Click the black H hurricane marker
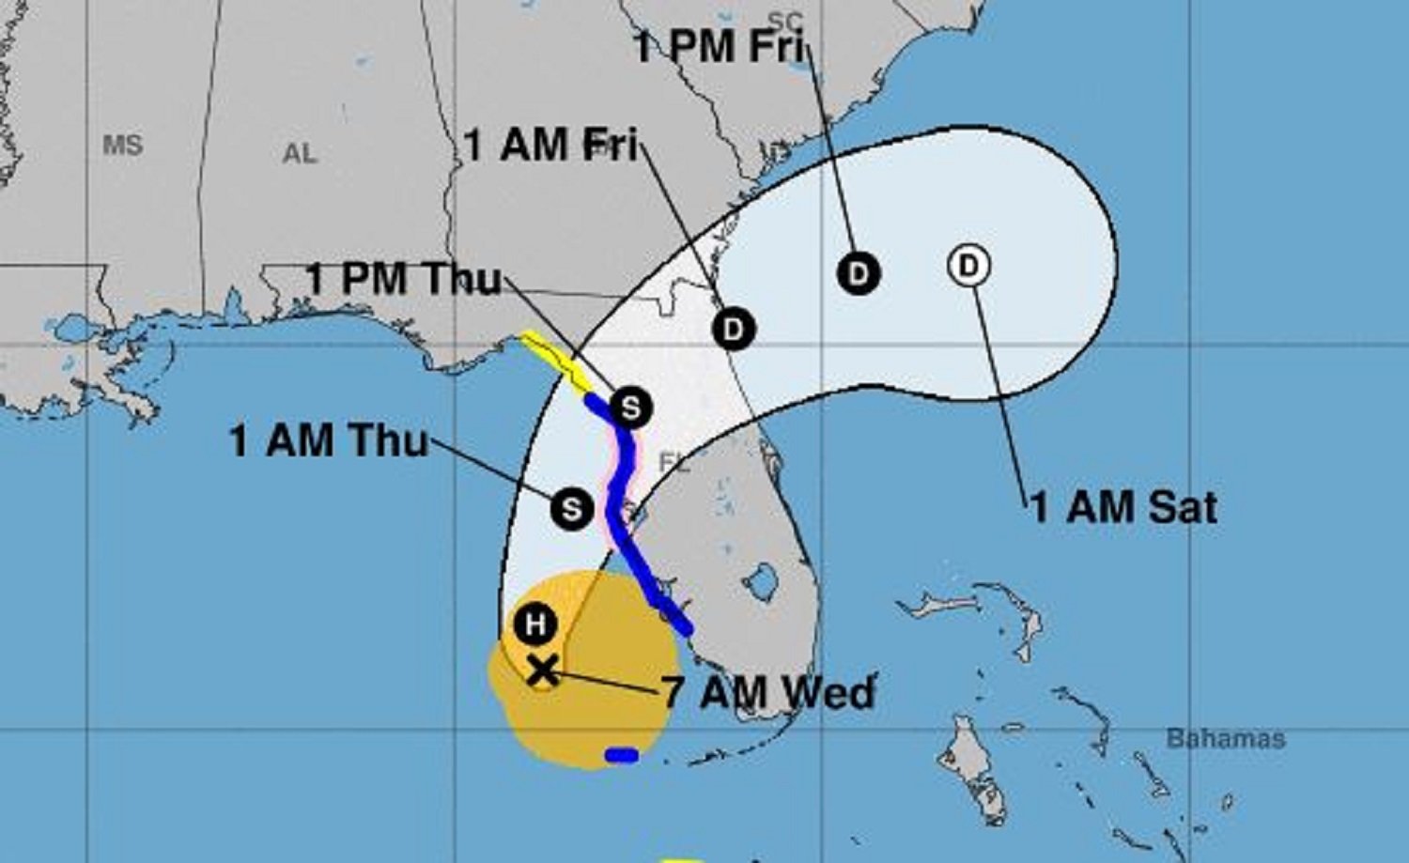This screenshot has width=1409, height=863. click(535, 624)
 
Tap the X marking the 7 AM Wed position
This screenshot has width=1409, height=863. click(542, 670)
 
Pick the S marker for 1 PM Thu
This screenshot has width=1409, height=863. click(629, 408)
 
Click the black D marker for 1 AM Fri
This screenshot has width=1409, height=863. click(734, 330)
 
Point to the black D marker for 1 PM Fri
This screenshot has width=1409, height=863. click(858, 273)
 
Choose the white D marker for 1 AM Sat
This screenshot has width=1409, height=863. click(968, 266)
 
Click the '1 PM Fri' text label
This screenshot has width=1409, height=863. click(720, 47)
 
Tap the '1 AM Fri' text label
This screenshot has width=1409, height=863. click(551, 146)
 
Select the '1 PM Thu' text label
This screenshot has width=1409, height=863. click(404, 279)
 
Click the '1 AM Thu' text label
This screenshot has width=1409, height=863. click(329, 441)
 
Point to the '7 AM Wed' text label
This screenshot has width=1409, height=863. click(768, 693)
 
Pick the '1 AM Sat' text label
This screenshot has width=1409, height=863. click(1124, 508)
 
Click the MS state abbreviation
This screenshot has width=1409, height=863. click(123, 146)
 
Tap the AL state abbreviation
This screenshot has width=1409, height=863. click(300, 154)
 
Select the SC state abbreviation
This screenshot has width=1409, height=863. click(786, 21)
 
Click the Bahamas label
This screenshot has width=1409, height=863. click(1225, 739)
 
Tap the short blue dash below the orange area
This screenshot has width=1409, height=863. click(622, 755)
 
